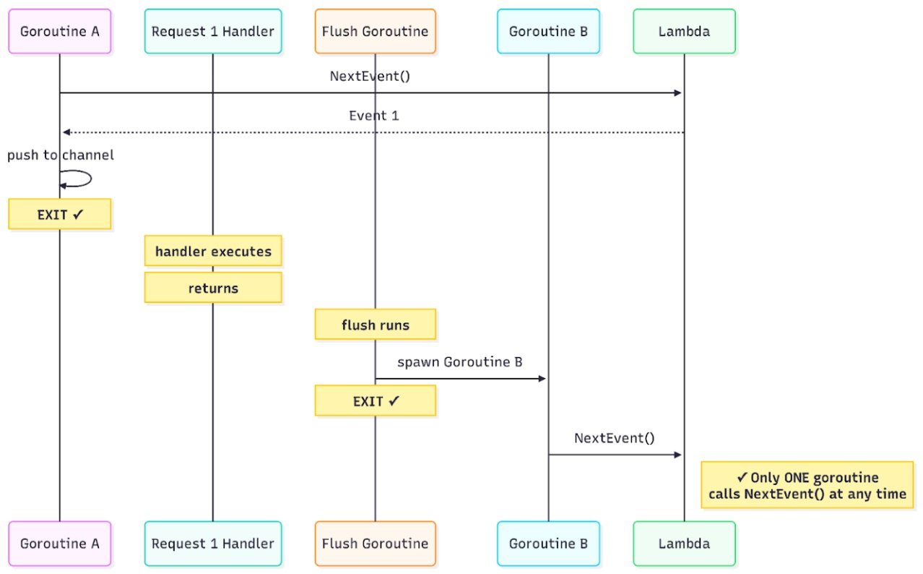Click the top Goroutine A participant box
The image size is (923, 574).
(60, 31)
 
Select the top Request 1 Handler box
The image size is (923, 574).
(213, 31)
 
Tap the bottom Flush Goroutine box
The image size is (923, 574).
(375, 543)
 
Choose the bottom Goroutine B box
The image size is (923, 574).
(548, 543)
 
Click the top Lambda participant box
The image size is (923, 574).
(684, 31)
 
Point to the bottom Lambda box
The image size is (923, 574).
(684, 543)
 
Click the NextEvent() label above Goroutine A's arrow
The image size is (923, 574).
(370, 76)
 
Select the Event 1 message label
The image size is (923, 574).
(373, 116)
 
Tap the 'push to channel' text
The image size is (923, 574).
(61, 155)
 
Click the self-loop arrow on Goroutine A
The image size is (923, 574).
(79, 179)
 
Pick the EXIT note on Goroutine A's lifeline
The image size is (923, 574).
(60, 214)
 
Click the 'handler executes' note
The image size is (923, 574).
(213, 252)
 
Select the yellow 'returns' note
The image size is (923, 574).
(213, 288)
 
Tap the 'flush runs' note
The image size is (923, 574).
(375, 325)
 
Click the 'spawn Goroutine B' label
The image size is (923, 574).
(459, 362)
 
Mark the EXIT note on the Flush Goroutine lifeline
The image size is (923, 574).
(375, 400)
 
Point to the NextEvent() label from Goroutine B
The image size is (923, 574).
(614, 438)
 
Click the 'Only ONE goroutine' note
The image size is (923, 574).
(807, 485)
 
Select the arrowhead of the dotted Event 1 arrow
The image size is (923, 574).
(66, 132)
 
